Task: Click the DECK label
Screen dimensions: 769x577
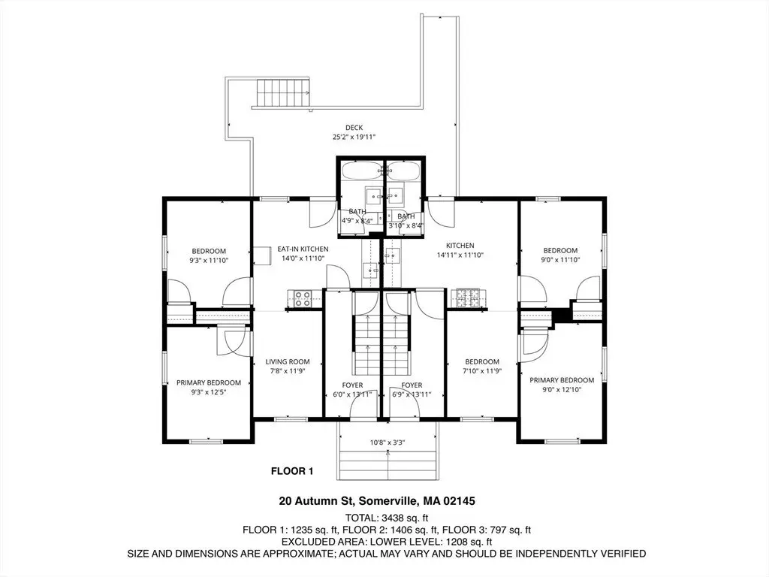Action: (354, 128)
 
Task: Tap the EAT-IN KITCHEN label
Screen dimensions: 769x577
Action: (303, 249)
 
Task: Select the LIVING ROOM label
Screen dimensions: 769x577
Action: (288, 362)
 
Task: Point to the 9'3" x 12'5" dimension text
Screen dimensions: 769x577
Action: (209, 392)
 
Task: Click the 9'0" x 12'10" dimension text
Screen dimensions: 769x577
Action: (562, 390)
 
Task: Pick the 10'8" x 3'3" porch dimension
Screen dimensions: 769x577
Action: (387, 443)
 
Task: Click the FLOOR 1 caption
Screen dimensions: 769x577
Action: (292, 472)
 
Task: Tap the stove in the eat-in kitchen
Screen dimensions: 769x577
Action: (302, 299)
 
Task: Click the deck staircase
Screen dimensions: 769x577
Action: (283, 93)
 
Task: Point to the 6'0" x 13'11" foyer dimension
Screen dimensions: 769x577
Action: (352, 394)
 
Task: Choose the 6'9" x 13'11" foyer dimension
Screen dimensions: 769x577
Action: (412, 394)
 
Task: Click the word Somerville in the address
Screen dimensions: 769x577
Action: (388, 501)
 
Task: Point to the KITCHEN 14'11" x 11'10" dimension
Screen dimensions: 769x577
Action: (460, 255)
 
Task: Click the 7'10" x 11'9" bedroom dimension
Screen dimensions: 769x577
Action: (482, 371)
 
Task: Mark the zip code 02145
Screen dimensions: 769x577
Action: (459, 501)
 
